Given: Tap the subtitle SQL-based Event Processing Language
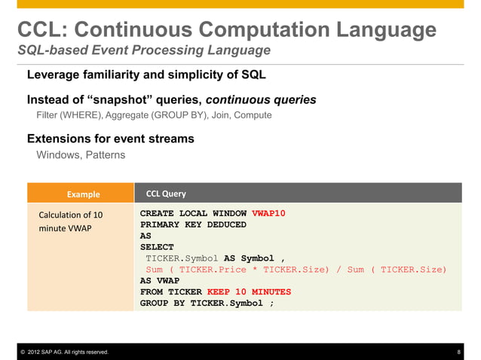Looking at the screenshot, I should tap(144, 51).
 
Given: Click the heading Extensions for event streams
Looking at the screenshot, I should tap(111, 139).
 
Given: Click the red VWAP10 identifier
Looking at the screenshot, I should tap(268, 213).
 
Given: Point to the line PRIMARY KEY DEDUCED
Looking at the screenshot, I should tap(193, 224).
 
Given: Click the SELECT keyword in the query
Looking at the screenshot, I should tap(157, 247).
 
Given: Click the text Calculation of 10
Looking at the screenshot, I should tap(71, 215).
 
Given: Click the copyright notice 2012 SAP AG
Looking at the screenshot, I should tap(63, 352).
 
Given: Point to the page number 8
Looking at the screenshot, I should tap(459, 352).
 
